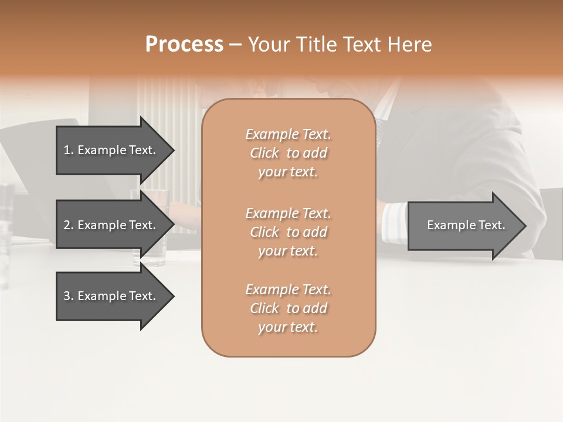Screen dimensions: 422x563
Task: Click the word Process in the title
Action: tap(184, 45)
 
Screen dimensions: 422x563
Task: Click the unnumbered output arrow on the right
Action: tap(466, 225)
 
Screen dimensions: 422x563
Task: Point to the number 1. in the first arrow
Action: tap(68, 150)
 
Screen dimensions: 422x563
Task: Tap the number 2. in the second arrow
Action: tap(68, 225)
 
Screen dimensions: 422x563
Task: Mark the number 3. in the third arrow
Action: tap(68, 296)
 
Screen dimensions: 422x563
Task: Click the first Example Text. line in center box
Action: tap(288, 134)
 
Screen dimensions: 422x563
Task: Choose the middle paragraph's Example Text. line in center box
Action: tap(288, 213)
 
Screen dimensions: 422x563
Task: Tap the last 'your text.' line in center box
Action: tap(288, 327)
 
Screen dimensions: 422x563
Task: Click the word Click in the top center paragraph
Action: tap(264, 153)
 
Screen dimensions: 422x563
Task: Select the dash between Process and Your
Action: tap(235, 45)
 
